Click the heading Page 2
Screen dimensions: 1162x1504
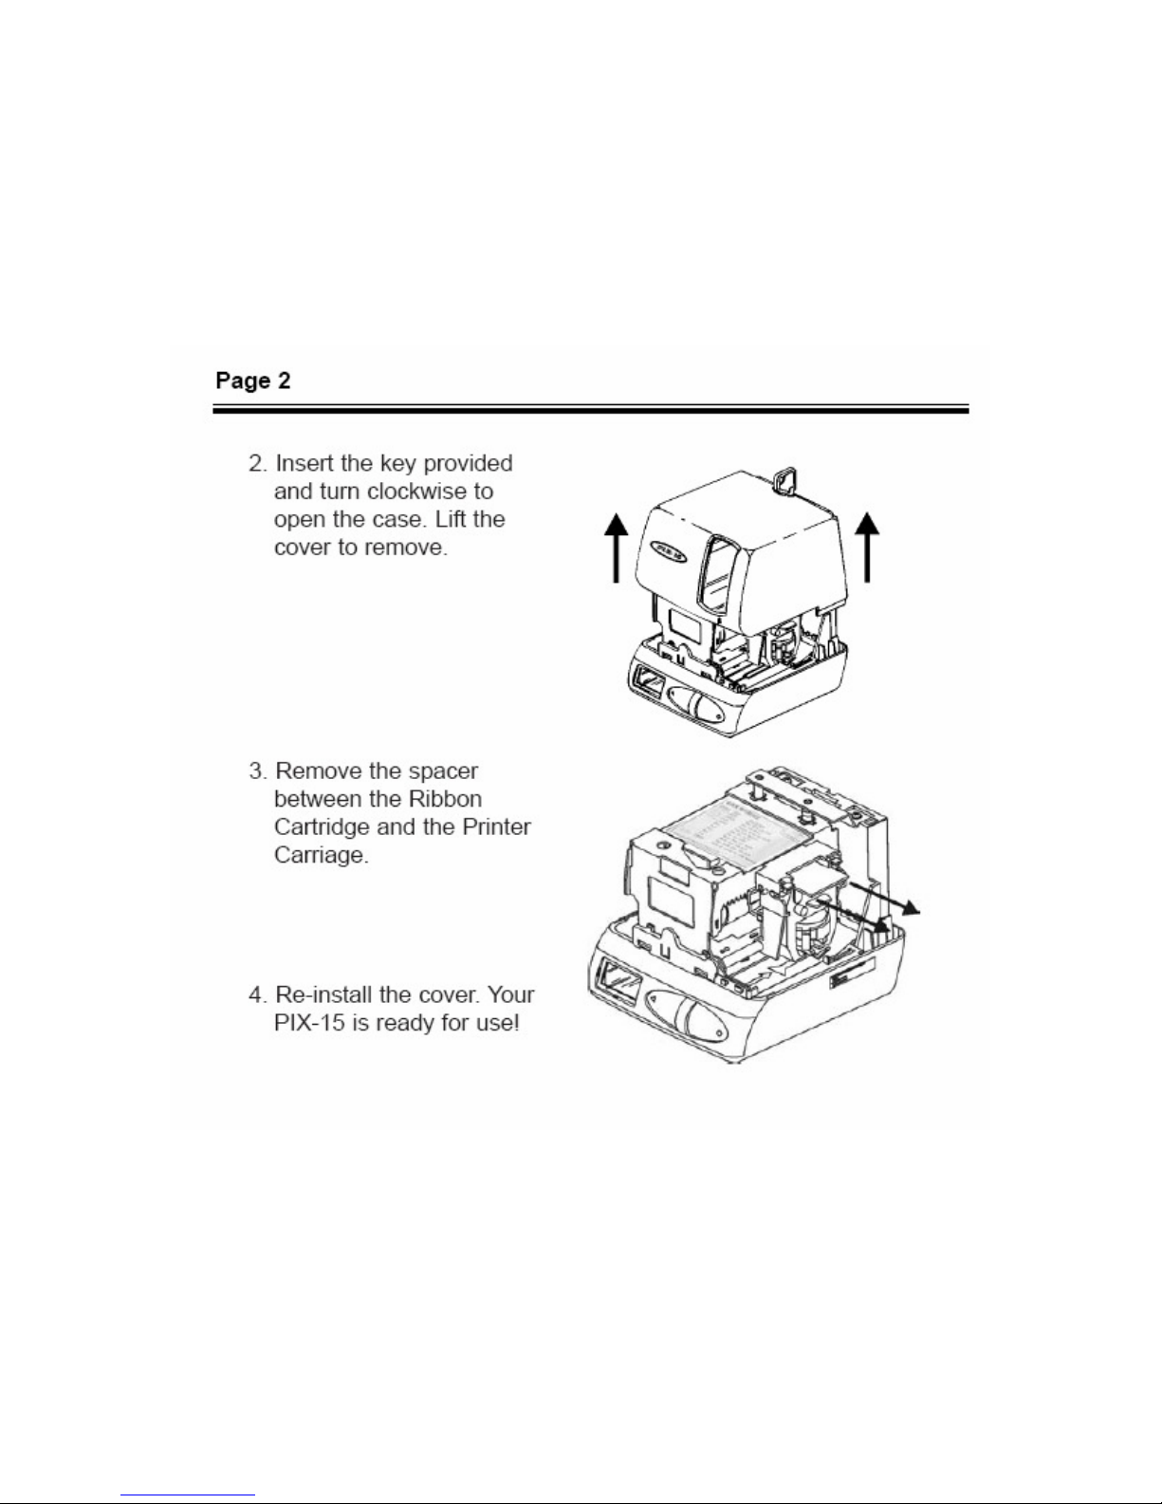pyautogui.click(x=252, y=380)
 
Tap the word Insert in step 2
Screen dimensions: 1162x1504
pyautogui.click(x=304, y=463)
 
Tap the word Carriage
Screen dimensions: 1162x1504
pyautogui.click(x=321, y=856)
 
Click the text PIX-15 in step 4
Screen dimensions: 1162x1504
pyautogui.click(x=309, y=1022)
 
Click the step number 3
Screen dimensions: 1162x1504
pyautogui.click(x=257, y=771)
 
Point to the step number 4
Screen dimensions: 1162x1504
pyautogui.click(x=257, y=994)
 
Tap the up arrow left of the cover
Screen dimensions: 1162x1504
pyautogui.click(x=616, y=548)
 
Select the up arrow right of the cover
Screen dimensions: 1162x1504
pyautogui.click(x=867, y=548)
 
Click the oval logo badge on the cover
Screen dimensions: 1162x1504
pyautogui.click(x=668, y=552)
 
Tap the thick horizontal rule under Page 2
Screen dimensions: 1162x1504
pyautogui.click(x=590, y=410)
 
